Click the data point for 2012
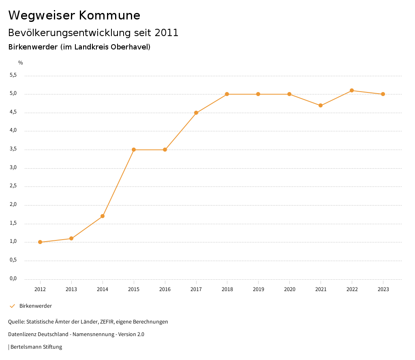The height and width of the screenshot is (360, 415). [40, 242]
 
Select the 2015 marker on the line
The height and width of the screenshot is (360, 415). [134, 150]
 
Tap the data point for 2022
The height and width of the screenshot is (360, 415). [352, 90]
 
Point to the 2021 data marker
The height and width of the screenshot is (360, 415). [321, 105]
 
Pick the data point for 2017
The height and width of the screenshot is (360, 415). [196, 113]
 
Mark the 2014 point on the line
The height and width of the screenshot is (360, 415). [103, 216]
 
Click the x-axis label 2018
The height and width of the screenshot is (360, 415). [227, 289]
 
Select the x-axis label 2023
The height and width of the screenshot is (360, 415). [383, 289]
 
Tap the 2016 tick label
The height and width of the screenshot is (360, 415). [165, 289]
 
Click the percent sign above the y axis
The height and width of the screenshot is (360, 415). [21, 63]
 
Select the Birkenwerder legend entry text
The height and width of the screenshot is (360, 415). [36, 306]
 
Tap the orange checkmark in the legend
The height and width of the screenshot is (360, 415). [12, 306]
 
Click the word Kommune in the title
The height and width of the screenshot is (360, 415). [109, 15]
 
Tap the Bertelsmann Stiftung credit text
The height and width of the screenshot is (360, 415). [36, 347]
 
